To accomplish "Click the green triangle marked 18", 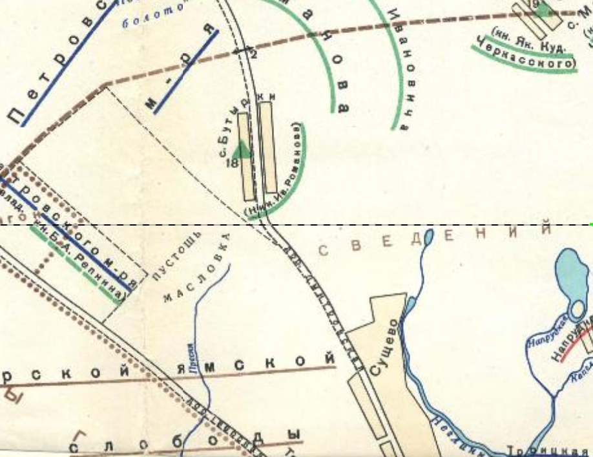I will [242, 150].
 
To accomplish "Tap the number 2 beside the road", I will [254, 55].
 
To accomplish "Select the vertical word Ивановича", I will [401, 68].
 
